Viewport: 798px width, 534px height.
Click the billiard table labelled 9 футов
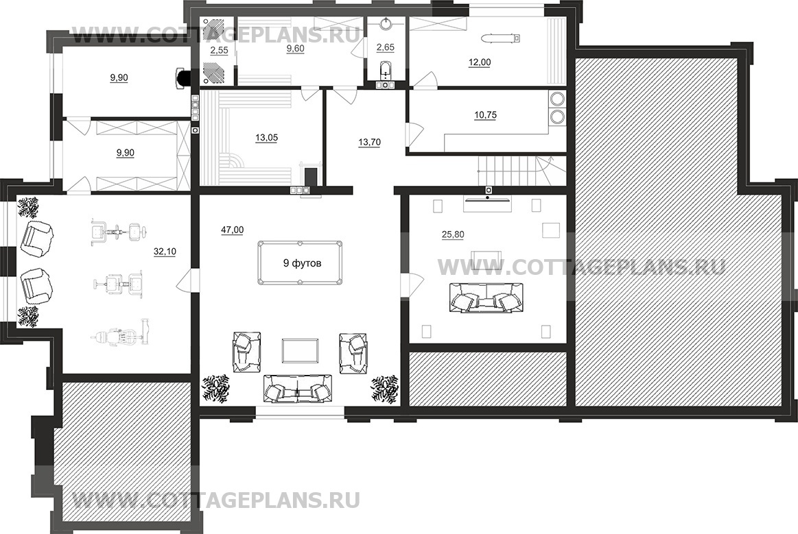[301, 263]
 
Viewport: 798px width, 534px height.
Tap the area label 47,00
[232, 230]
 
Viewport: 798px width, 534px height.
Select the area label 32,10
[165, 252]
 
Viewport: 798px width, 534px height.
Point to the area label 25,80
[452, 235]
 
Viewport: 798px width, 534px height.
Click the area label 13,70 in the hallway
[369, 143]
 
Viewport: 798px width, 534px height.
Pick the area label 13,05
[266, 138]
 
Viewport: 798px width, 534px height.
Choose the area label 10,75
[485, 115]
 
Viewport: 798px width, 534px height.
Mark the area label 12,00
[480, 62]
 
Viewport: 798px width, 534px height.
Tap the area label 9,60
[296, 49]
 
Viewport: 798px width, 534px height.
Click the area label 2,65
[385, 47]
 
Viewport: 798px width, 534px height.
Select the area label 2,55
[219, 50]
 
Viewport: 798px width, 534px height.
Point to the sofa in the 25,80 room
[486, 298]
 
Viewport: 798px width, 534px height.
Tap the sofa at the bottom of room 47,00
[297, 389]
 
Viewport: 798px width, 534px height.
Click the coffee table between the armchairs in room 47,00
[301, 351]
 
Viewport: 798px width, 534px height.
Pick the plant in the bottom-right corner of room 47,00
[385, 389]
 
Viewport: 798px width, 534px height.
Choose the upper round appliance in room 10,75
[557, 98]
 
